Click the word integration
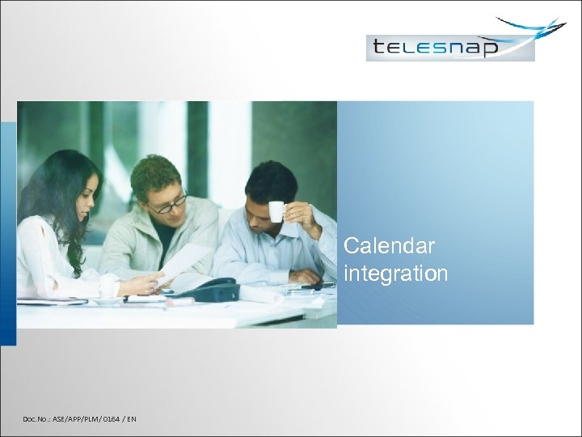(395, 274)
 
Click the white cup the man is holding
(276, 210)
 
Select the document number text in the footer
(80, 418)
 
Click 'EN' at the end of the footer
(131, 418)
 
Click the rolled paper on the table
(259, 295)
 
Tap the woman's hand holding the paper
(150, 284)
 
